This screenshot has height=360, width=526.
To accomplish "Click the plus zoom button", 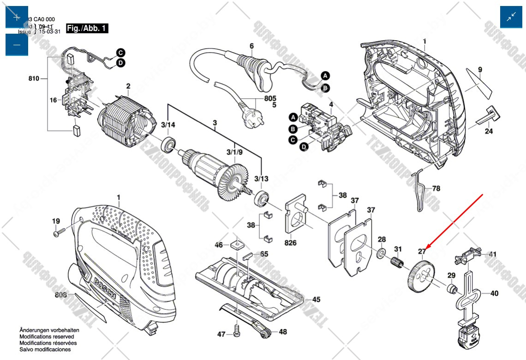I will point(17,17).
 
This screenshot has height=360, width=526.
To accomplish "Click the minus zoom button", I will point(17,45).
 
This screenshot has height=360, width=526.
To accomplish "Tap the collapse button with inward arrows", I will point(511,17).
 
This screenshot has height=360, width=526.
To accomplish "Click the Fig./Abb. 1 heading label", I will point(87,29).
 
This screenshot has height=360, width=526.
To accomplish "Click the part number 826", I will point(290,243).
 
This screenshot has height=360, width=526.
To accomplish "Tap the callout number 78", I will point(436,189).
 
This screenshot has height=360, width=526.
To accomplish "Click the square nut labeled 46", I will point(239,244).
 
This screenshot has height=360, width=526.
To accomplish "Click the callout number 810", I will point(34,79).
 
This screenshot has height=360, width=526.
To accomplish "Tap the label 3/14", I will point(168,125).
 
